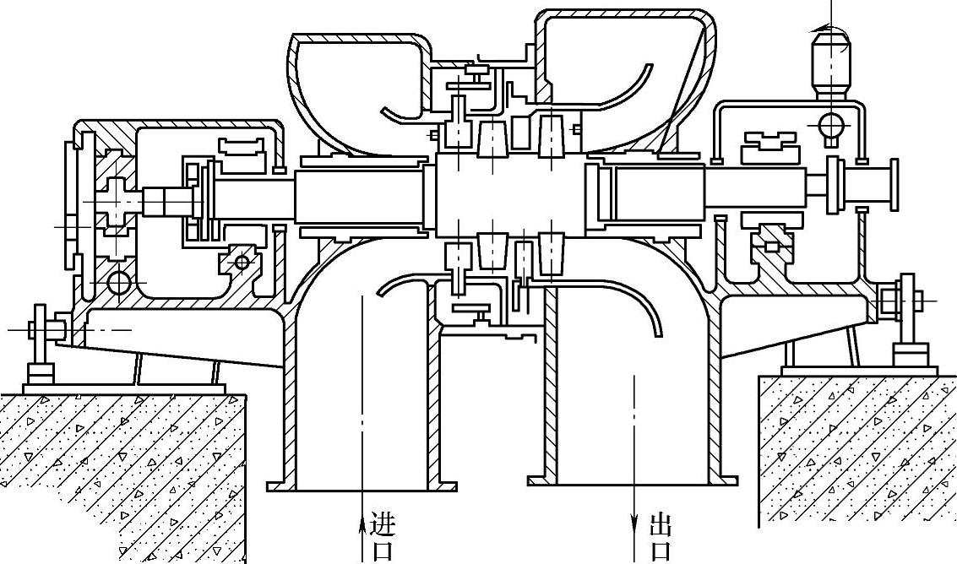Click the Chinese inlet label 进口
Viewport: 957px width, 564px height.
382,538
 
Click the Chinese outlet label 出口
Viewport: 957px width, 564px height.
660,539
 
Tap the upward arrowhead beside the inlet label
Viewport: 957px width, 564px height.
362,518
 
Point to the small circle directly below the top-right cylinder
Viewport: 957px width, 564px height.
831,125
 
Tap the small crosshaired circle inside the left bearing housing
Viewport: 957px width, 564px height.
242,263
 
